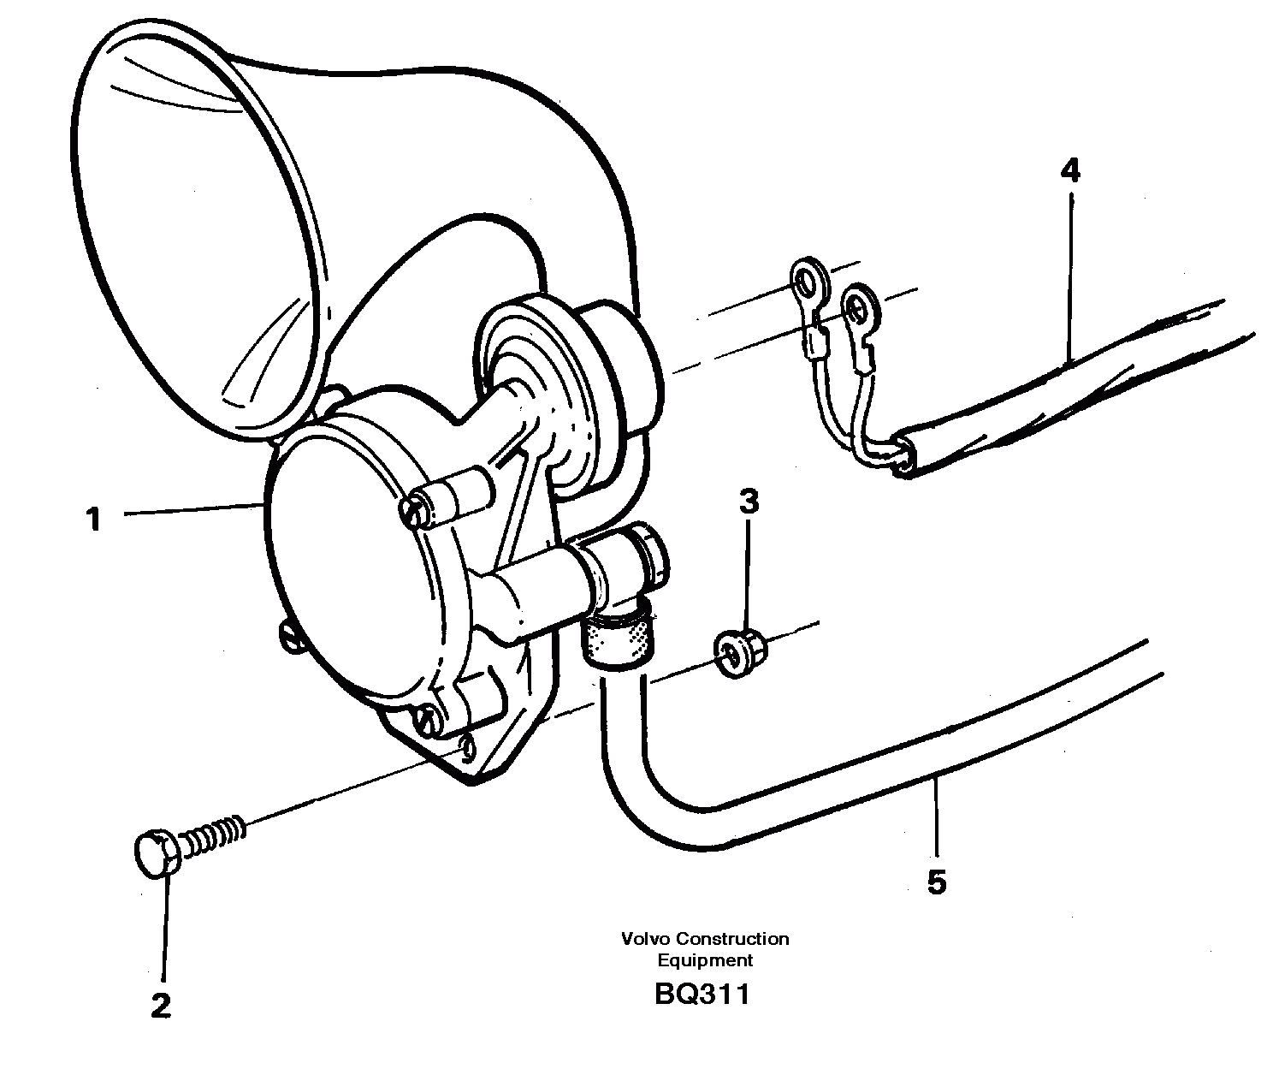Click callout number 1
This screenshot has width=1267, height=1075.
tap(93, 519)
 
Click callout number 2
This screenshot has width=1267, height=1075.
tap(160, 1005)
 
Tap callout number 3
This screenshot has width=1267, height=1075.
tap(749, 502)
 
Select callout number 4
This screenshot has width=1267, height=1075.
tap(1069, 172)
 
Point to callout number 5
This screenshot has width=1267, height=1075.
tap(937, 882)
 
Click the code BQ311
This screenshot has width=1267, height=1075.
tap(702, 995)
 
